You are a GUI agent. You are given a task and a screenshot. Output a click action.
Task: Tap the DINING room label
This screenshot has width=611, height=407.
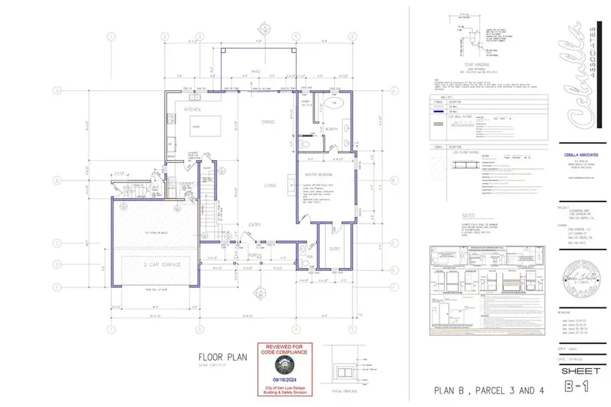[x=269, y=121]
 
